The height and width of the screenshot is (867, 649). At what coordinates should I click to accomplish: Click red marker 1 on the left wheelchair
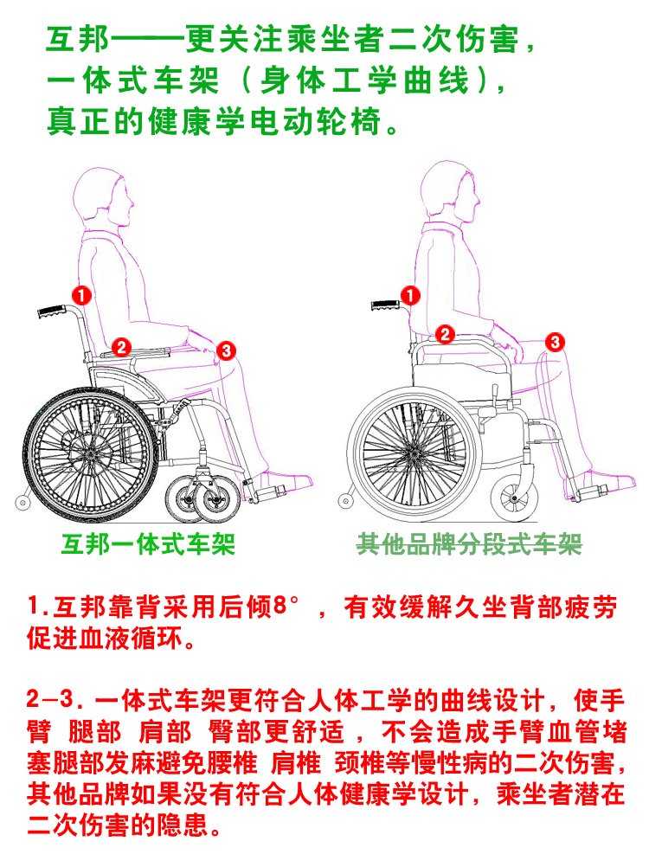pyautogui.click(x=82, y=295)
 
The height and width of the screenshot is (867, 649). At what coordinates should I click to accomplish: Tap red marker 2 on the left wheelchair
pyautogui.click(x=122, y=347)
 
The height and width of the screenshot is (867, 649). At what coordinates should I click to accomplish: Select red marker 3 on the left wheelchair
pyautogui.click(x=226, y=350)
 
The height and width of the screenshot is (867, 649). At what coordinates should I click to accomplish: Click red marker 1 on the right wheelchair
pyautogui.click(x=410, y=295)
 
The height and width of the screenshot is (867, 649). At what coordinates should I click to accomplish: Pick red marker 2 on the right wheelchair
pyautogui.click(x=445, y=334)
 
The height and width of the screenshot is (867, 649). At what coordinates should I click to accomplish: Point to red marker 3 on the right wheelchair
pyautogui.click(x=555, y=342)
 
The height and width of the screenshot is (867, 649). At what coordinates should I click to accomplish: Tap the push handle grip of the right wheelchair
pyautogui.click(x=385, y=305)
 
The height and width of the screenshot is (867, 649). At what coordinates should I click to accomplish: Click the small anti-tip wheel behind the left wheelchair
pyautogui.click(x=22, y=503)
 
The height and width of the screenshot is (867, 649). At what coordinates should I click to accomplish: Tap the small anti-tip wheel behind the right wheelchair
pyautogui.click(x=345, y=501)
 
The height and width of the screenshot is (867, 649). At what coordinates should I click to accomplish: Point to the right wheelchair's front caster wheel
pyautogui.click(x=515, y=498)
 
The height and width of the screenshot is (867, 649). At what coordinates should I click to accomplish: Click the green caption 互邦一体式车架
pyautogui.click(x=148, y=544)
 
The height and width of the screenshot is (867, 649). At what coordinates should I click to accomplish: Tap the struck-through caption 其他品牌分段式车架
pyautogui.click(x=469, y=544)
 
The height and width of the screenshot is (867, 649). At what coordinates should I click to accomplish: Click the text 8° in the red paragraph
pyautogui.click(x=286, y=606)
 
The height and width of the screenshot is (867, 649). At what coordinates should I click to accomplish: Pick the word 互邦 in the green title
pyautogui.click(x=77, y=39)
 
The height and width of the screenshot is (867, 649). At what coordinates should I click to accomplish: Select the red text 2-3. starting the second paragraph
pyautogui.click(x=56, y=700)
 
